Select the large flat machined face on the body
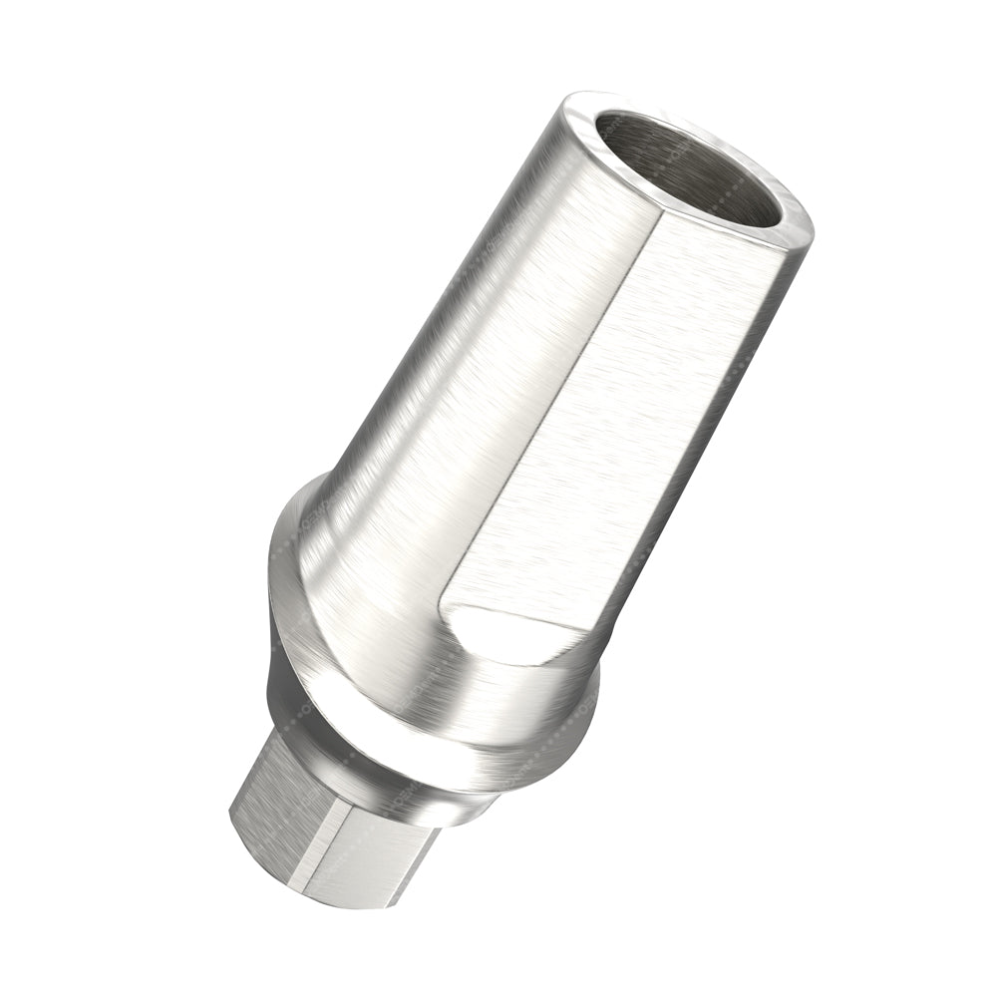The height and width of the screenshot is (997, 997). [638, 419]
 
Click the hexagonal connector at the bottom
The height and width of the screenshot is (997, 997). [319, 847]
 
